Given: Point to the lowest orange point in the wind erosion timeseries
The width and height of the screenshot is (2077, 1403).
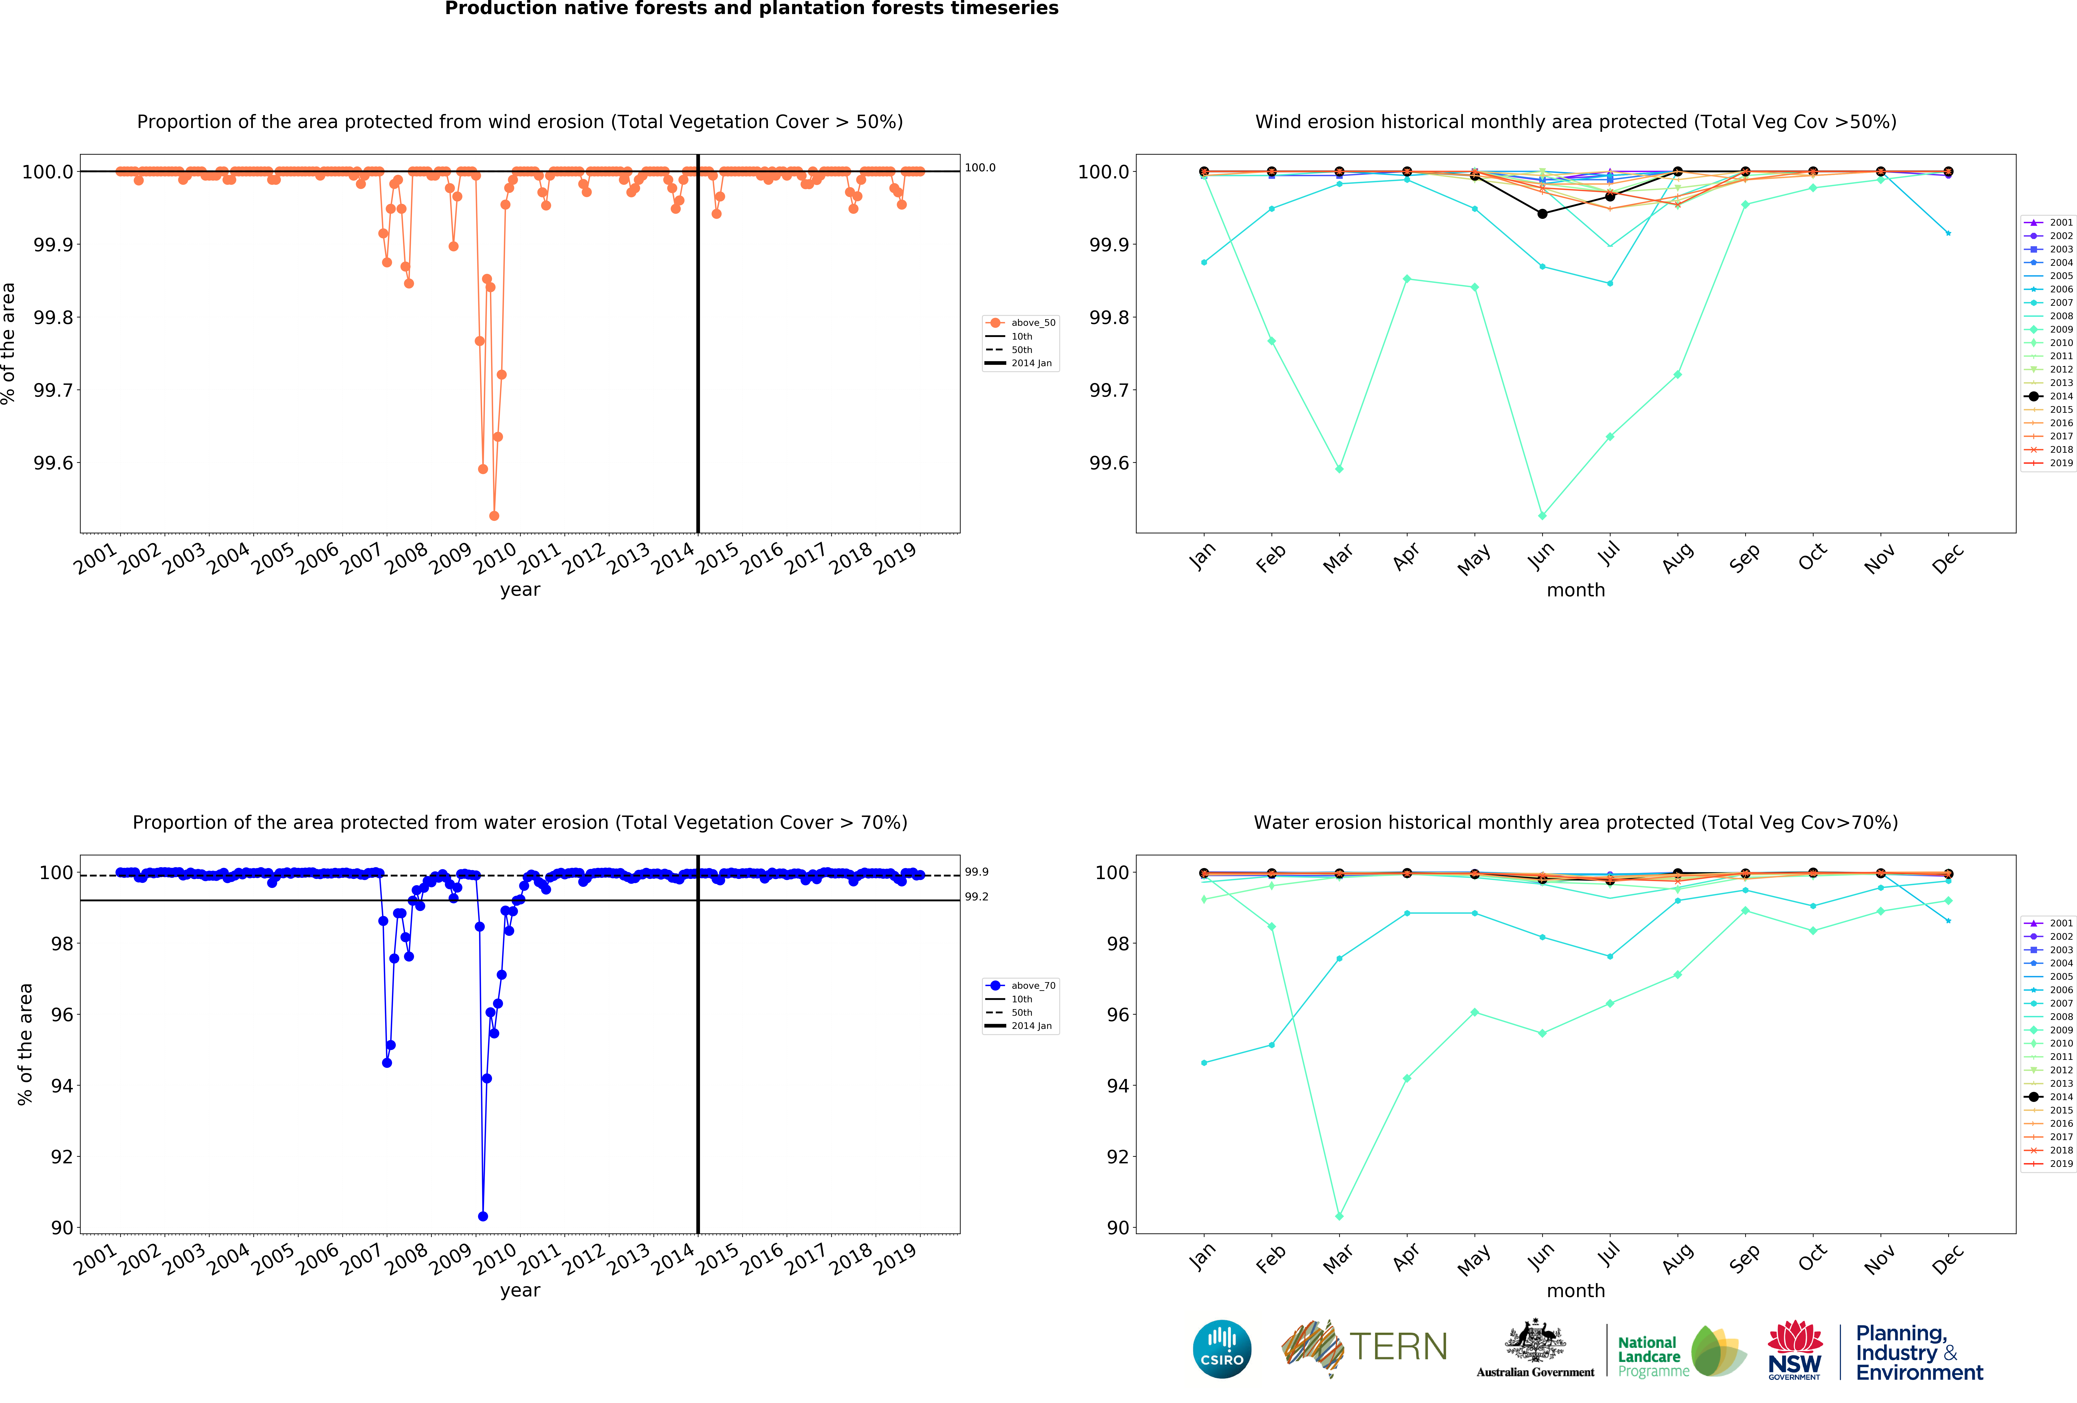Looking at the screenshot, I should [x=494, y=516].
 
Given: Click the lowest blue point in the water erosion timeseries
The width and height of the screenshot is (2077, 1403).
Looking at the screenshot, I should [x=483, y=1216].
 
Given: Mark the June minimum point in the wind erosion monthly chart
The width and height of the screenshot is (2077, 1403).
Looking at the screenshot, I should [x=1542, y=516].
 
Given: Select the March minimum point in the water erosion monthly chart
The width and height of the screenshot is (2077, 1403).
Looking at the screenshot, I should [x=1339, y=1216].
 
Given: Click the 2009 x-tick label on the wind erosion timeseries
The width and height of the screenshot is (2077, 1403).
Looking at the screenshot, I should [x=450, y=559].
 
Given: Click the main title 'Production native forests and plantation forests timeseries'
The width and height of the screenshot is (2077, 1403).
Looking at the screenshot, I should [x=752, y=9].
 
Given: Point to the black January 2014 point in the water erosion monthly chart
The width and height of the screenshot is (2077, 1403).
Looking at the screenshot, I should [x=1204, y=873].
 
